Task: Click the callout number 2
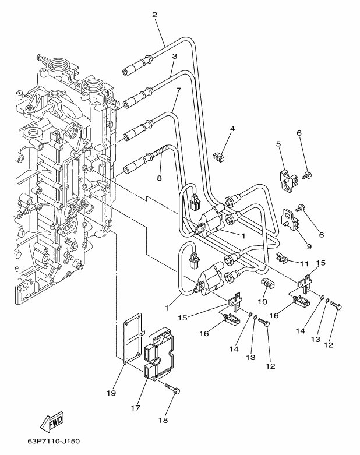tap(154, 15)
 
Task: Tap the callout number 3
tap(174, 56)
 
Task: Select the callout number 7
tap(178, 90)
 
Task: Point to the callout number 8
tap(159, 178)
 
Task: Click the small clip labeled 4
tap(220, 157)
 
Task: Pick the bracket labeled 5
tap(288, 181)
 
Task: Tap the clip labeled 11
tap(281, 258)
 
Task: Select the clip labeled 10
tap(267, 284)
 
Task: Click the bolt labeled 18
tap(172, 389)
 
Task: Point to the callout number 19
tap(111, 393)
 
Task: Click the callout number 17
tap(135, 408)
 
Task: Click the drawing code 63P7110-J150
tap(54, 442)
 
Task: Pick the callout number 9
tap(309, 246)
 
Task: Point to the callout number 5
tap(278, 144)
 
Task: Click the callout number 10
tap(262, 302)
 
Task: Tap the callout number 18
tap(163, 420)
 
